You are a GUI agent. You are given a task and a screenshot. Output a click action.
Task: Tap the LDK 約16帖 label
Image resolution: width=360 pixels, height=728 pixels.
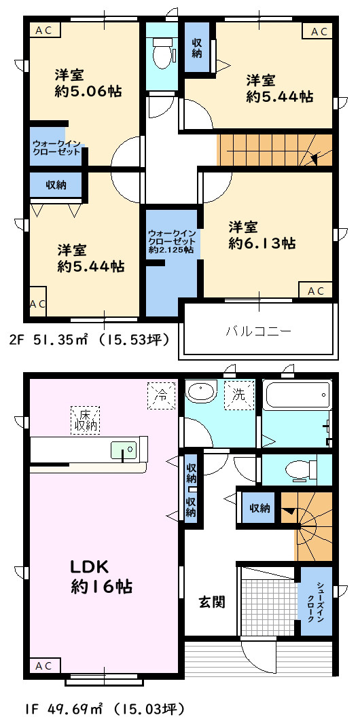pos(101,577)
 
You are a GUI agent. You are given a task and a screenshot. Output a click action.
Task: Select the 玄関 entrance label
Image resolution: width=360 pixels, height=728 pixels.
pos(212,602)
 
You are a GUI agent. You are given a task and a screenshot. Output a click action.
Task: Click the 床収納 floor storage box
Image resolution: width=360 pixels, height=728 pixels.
pos(86,420)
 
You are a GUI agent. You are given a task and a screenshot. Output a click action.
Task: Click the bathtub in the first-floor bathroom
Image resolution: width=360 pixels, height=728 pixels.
pos(298,395)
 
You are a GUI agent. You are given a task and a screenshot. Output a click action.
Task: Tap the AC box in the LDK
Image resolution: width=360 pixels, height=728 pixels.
pos(44,666)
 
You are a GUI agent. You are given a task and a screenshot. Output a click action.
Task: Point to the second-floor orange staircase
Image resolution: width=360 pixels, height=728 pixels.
pos(275,150)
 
